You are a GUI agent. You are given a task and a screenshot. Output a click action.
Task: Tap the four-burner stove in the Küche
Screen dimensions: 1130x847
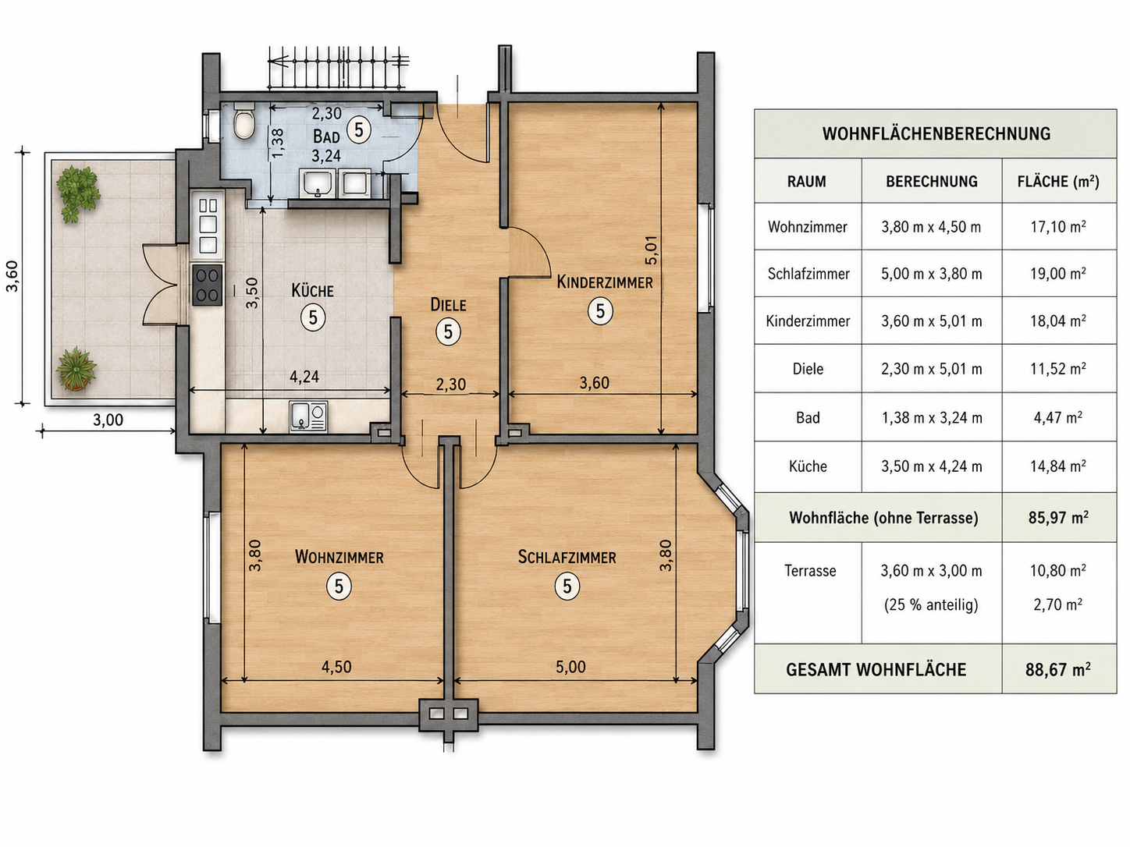(208, 285)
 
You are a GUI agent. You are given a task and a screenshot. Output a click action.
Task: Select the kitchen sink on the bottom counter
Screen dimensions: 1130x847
(307, 416)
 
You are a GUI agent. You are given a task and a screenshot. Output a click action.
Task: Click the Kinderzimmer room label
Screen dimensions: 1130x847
(605, 282)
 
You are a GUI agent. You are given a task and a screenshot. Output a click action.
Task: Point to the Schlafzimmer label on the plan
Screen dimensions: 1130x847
(567, 557)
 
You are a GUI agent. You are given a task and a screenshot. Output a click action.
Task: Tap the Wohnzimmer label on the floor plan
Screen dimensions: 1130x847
(339, 557)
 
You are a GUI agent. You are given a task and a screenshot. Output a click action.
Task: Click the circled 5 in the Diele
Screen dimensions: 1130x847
(448, 331)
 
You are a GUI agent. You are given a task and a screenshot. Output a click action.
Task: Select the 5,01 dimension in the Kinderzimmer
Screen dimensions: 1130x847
(652, 250)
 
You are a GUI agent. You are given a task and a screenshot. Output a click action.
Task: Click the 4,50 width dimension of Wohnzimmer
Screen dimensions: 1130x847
(336, 667)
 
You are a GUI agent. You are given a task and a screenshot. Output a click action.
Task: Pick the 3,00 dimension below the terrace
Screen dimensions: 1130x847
(108, 420)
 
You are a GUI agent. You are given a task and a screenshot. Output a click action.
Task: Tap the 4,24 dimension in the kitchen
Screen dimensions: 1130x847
(304, 377)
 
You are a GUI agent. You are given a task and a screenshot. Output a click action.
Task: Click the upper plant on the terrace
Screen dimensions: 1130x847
(78, 192)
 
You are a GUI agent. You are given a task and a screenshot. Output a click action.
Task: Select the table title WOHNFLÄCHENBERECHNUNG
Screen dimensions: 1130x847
(936, 133)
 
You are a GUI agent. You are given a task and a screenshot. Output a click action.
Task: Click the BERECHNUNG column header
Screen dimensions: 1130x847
(931, 182)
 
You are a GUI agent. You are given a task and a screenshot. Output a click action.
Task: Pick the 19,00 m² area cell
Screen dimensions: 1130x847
(1058, 274)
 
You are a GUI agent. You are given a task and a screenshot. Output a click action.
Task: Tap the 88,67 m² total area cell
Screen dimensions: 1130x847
(1057, 670)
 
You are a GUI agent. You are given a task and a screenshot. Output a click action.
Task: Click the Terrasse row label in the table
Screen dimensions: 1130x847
(810, 571)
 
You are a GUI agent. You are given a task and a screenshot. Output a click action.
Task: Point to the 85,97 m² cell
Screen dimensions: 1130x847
(1058, 517)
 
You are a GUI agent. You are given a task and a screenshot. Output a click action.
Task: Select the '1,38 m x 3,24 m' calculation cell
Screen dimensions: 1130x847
(932, 417)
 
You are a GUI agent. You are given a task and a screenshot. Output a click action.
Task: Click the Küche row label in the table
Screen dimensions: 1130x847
(808, 466)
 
